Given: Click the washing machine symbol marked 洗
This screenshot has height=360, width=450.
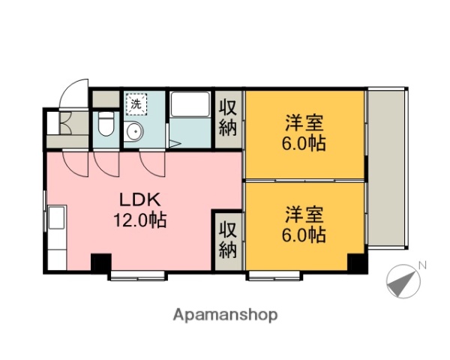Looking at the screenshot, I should (136, 104).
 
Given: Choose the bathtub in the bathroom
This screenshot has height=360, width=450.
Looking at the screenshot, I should (190, 105).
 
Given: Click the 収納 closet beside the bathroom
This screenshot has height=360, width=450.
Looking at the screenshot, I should (228, 117).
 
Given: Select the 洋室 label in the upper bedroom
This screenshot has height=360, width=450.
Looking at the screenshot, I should (304, 122).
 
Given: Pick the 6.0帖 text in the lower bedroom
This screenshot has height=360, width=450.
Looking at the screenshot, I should (304, 235).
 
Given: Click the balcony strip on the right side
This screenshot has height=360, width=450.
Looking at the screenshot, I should (388, 169).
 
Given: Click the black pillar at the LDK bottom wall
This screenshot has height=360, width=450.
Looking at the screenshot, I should (100, 263).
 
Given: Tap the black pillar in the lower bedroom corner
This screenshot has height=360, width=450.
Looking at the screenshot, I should (356, 263).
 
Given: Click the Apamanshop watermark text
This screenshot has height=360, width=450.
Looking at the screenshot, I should (226, 315).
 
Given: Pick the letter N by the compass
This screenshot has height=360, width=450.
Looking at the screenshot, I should (422, 265).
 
